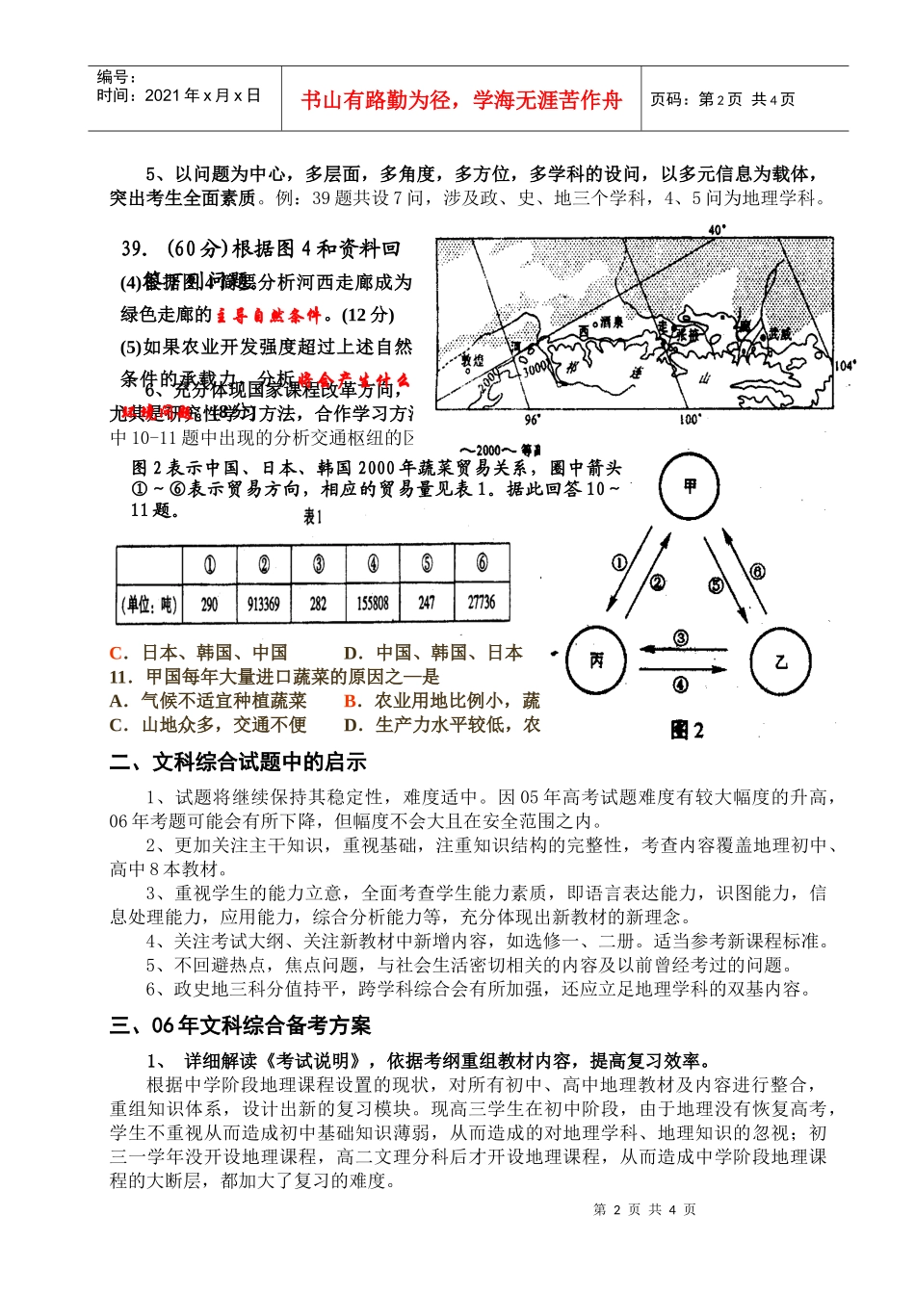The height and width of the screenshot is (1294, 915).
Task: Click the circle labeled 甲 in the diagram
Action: (690, 486)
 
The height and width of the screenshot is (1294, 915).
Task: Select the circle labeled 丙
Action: (596, 660)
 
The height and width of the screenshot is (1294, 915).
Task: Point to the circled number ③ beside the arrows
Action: (680, 637)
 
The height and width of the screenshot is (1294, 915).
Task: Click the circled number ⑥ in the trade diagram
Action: (757, 571)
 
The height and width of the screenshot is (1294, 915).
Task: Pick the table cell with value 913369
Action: (263, 604)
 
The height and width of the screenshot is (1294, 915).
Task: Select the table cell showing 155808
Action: (373, 603)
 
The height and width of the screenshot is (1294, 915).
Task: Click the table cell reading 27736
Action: (482, 602)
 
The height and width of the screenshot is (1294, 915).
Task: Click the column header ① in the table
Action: (209, 564)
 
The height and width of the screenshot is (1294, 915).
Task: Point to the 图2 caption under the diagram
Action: (687, 730)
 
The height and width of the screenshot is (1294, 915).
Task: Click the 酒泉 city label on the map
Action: (611, 322)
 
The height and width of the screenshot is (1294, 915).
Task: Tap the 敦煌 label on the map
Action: (472, 361)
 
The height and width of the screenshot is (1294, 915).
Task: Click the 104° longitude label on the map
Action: (844, 366)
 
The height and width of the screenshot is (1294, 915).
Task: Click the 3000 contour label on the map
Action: (534, 367)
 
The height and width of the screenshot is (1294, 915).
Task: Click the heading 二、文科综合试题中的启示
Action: (238, 762)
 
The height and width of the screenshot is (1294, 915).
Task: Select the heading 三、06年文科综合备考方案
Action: (240, 1025)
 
